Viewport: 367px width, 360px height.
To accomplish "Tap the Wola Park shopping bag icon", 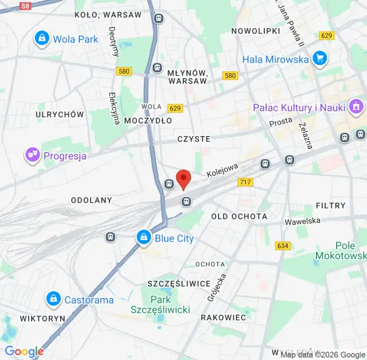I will [x=41, y=39].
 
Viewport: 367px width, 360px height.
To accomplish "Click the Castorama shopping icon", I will [x=53, y=299].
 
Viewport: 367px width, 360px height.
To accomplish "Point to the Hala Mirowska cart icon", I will [x=319, y=59].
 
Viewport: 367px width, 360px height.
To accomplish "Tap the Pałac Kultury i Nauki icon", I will [x=356, y=107].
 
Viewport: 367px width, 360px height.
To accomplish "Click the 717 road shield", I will [x=245, y=182].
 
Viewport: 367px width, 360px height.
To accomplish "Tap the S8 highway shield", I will [x=24, y=6].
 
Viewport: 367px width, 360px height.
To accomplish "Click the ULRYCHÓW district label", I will [x=60, y=114].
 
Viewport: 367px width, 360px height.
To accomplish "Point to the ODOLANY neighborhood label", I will [x=91, y=200].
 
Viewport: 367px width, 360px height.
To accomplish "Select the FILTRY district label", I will [x=330, y=205].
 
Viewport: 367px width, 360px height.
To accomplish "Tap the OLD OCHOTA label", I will [x=239, y=216].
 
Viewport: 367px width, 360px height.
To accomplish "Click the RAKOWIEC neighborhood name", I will [x=223, y=317].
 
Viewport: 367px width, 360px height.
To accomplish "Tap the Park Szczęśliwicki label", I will [x=161, y=304].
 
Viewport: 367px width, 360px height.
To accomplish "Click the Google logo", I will [x=24, y=351].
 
